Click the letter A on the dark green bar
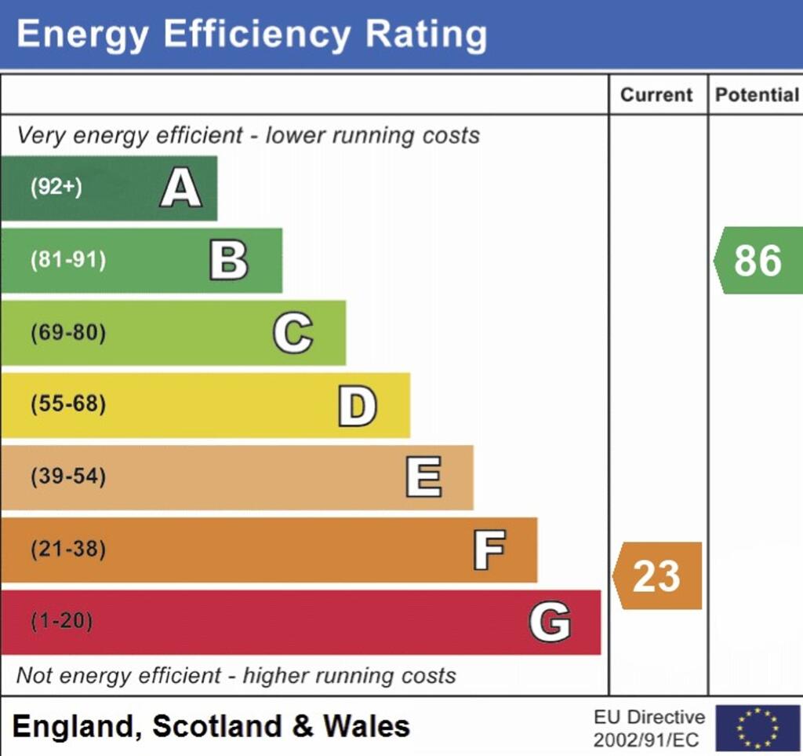click(181, 188)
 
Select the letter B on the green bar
click(229, 261)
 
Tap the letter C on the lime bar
click(293, 333)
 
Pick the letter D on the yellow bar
click(358, 406)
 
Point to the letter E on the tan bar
click(423, 477)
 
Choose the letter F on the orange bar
click(489, 550)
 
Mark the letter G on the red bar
click(550, 623)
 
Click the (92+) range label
click(56, 188)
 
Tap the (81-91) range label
click(68, 261)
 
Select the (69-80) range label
click(68, 333)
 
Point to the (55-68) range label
click(68, 405)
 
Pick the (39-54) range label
click(68, 477)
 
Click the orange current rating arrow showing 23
click(657, 576)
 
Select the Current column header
click(657, 95)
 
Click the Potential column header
click(757, 95)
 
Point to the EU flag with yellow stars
click(758, 728)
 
